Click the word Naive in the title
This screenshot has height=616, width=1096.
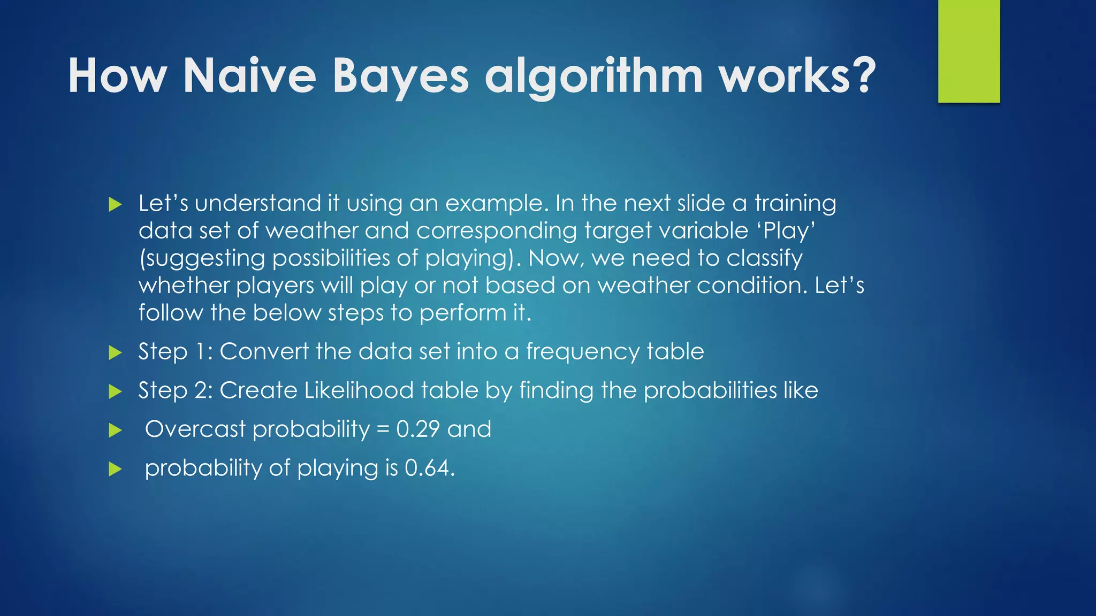coord(249,76)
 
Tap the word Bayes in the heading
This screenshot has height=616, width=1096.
coord(400,76)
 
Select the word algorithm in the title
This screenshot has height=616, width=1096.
coord(593,76)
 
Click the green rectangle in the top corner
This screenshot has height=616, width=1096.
coord(969,51)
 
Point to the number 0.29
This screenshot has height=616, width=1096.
coord(418,429)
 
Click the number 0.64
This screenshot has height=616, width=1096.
coord(429,468)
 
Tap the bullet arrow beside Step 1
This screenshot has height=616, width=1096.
coord(115,352)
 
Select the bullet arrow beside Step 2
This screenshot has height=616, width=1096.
coord(115,391)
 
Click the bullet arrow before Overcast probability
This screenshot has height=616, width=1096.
coord(115,430)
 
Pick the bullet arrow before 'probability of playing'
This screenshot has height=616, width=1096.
coord(115,469)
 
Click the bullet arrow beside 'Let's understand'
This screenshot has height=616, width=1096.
coord(115,204)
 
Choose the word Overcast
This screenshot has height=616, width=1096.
coord(195,429)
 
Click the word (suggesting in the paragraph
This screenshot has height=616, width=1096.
coord(202,259)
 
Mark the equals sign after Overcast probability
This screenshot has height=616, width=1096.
coord(383,429)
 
